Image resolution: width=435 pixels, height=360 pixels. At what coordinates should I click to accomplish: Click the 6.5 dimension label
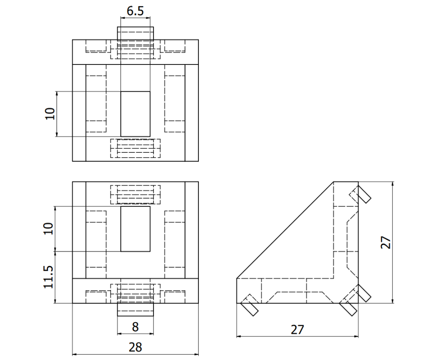tap(135, 11)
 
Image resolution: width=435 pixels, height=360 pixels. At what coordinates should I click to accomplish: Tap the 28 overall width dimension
tap(135, 347)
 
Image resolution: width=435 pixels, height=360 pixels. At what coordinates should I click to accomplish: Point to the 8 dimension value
tap(135, 326)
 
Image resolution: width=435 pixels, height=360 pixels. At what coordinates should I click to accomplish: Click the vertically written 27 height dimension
tap(385, 242)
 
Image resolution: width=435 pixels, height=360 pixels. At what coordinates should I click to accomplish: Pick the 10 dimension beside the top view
tap(50, 114)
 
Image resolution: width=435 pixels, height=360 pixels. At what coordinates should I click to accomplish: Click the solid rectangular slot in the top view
tap(135, 114)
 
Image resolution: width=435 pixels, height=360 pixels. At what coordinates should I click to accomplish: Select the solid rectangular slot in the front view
tap(135, 229)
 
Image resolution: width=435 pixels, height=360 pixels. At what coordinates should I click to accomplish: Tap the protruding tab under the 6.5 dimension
tap(135, 33)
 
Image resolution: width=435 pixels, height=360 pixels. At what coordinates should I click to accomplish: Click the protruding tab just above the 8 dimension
tap(135, 310)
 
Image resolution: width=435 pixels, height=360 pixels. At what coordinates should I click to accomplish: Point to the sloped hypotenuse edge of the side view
tap(285, 230)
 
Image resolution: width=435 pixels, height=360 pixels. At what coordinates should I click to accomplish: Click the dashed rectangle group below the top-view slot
tap(135, 148)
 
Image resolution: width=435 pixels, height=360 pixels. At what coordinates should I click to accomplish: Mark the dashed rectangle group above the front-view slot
tap(135, 194)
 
